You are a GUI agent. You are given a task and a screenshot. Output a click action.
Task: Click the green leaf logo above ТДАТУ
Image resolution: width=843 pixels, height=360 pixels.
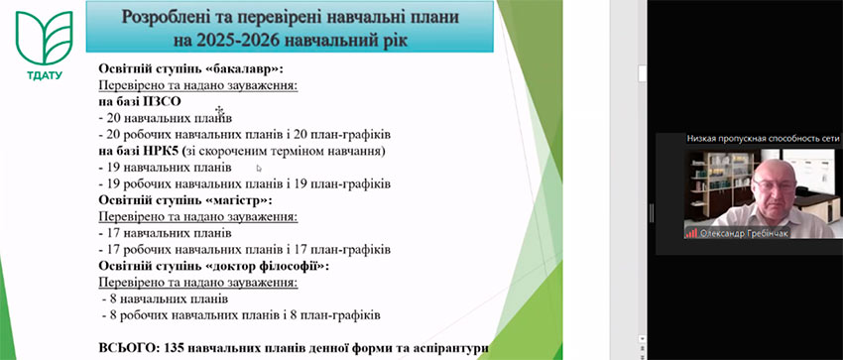[44, 38]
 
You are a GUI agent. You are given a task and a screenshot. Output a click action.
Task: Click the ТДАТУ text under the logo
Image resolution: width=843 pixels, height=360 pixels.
[45, 75]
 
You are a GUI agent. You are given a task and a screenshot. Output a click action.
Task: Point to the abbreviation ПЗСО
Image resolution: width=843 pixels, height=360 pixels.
[164, 101]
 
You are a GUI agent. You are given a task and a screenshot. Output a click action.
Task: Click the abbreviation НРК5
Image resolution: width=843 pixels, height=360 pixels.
[165, 151]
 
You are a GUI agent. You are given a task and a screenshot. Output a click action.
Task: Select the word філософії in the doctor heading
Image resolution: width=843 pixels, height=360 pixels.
[295, 267]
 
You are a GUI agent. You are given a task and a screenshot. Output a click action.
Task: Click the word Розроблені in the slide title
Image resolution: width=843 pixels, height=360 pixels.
[167, 17]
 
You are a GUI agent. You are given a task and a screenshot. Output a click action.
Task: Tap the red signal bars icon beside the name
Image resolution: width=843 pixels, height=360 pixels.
[692, 234]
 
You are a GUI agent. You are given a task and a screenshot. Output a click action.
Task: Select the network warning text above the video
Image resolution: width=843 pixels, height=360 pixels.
[764, 139]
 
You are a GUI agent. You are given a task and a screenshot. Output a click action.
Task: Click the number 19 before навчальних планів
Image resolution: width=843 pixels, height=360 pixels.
[113, 168]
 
